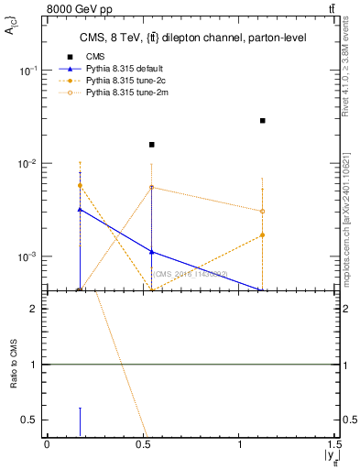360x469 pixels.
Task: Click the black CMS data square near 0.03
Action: point(262,120)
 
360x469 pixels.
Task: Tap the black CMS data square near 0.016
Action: point(152,145)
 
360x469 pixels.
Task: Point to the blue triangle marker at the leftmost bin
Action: point(81,210)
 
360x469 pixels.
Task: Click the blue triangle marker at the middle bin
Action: point(152,252)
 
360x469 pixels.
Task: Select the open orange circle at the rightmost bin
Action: point(262,212)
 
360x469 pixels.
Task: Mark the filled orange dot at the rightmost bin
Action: point(262,234)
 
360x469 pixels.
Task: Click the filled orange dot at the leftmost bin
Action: point(81,185)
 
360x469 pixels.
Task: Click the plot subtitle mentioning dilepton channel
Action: point(192,38)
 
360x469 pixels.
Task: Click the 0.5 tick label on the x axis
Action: point(144,446)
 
